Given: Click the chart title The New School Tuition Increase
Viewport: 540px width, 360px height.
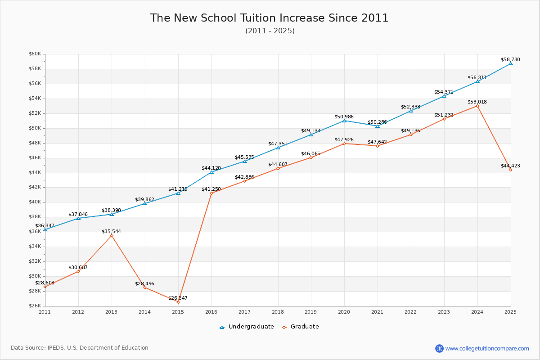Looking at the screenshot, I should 269,18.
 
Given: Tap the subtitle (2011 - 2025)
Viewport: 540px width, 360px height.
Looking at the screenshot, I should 270,31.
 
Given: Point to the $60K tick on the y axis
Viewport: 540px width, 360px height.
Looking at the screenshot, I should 35,54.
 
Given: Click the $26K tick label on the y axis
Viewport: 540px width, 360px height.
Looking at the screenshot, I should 35,306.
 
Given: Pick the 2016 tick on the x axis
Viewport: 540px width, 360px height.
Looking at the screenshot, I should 211,311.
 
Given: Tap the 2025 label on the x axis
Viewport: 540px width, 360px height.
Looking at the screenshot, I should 510,311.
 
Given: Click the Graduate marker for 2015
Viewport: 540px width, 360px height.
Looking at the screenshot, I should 178,302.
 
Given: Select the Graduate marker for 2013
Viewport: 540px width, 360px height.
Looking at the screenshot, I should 112,235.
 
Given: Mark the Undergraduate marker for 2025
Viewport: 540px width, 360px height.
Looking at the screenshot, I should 511,63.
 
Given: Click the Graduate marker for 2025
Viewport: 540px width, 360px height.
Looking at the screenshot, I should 511,170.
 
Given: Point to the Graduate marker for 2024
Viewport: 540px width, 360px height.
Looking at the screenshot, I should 477,106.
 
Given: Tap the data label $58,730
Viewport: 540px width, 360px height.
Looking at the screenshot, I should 510,59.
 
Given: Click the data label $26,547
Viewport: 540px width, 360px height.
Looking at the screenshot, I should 178,298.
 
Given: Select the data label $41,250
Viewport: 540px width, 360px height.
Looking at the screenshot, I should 211,189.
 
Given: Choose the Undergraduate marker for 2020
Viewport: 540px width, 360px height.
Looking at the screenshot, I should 344,121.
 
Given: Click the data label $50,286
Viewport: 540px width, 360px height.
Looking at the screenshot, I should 377,122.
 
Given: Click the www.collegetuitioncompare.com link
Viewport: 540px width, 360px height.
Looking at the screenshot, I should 487,348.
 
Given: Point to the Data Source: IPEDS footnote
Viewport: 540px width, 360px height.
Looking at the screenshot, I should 80,348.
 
